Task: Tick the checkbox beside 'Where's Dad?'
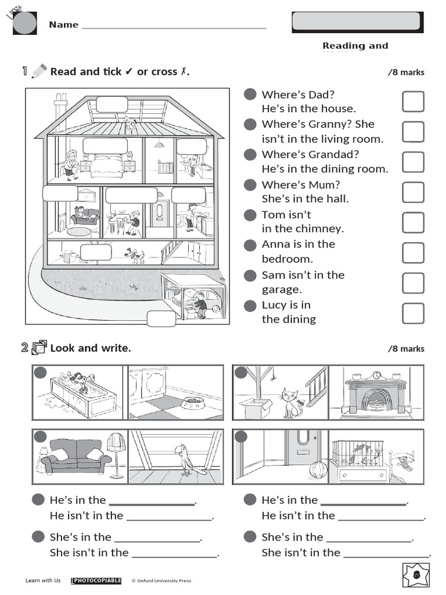(x=413, y=102)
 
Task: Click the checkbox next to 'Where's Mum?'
(x=413, y=192)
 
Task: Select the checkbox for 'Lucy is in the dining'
(x=413, y=313)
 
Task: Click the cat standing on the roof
(x=131, y=123)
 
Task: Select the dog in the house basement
(x=136, y=255)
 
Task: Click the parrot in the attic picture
(x=186, y=459)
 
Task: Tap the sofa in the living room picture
(x=76, y=456)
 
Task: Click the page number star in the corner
(x=416, y=575)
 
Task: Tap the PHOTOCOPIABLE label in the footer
(x=96, y=580)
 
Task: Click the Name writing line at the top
(x=174, y=27)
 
